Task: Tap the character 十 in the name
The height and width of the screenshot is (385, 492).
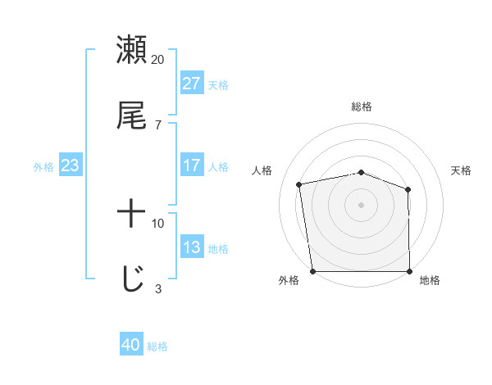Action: (131, 215)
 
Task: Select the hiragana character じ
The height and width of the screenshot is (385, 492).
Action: (131, 279)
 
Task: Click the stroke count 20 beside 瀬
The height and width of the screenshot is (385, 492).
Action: (158, 60)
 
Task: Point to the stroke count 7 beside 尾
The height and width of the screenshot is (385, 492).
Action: (158, 125)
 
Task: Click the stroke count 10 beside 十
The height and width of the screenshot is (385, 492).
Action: (158, 223)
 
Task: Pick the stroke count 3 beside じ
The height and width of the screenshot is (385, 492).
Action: (158, 288)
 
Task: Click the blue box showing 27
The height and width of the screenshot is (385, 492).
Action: (191, 84)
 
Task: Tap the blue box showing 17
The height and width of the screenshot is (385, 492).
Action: (191, 165)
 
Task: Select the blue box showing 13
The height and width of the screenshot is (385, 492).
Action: (191, 247)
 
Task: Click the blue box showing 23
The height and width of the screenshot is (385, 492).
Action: (70, 165)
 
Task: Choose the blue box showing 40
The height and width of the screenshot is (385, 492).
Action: (131, 346)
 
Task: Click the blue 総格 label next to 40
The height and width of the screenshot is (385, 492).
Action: (157, 346)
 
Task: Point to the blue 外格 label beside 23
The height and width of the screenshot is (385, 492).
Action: (43, 166)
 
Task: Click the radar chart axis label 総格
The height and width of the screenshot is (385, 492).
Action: (362, 106)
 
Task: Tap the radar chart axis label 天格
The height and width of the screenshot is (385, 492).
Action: (461, 170)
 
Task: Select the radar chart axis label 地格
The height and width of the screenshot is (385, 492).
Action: (430, 281)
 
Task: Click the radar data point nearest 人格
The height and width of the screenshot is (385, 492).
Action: (299, 184)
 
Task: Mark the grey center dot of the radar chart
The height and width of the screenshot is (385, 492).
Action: (361, 204)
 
